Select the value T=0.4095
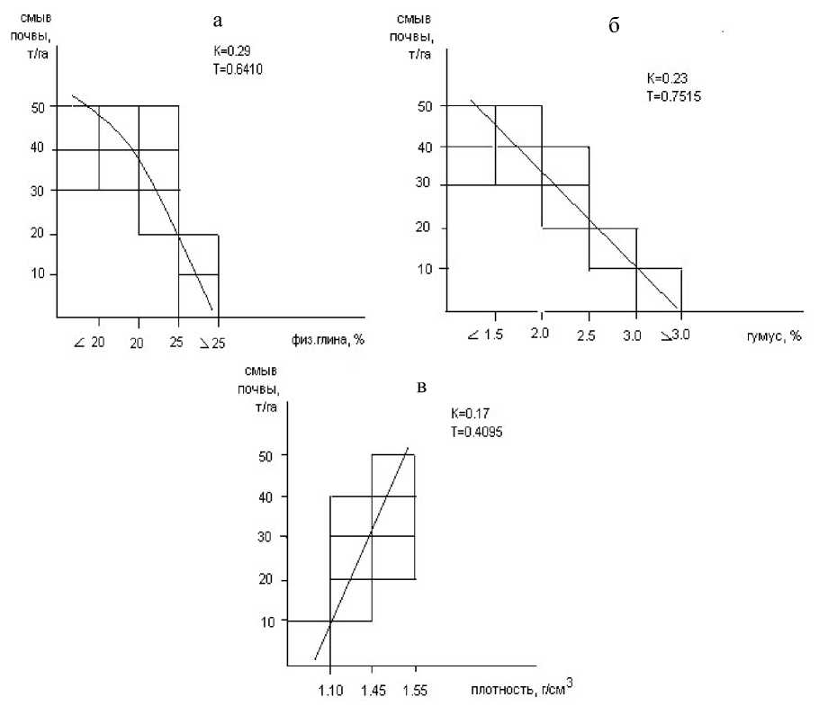(477, 431)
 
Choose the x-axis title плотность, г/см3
(520, 691)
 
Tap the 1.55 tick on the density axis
(415, 692)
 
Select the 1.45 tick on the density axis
(373, 692)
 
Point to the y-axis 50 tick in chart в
(266, 455)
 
